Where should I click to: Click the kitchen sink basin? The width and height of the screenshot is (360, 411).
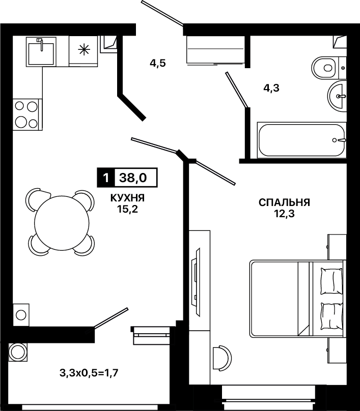(x=41, y=54)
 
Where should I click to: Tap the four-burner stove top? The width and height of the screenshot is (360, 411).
(x=26, y=114)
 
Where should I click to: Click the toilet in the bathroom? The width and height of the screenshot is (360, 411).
(x=324, y=68)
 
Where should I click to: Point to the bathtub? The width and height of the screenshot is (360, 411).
(x=302, y=140)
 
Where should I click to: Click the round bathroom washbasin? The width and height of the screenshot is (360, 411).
(x=337, y=96)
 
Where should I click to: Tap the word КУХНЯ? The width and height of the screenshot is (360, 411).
(x=127, y=198)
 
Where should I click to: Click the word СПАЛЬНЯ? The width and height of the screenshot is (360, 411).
(x=285, y=202)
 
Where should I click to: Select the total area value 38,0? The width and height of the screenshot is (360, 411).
(x=133, y=178)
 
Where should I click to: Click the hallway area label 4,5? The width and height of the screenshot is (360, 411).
(x=158, y=64)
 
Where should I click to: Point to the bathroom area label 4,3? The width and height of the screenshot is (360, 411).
(x=271, y=89)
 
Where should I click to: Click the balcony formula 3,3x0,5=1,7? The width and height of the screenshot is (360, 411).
(x=89, y=372)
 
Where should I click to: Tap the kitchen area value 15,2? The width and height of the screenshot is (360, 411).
(x=127, y=209)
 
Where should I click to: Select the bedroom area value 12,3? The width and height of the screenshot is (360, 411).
(x=285, y=214)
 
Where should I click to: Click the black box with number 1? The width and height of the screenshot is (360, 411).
(x=106, y=178)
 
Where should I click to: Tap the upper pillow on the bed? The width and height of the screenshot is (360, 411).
(x=331, y=281)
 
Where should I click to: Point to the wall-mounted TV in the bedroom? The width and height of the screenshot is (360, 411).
(x=196, y=280)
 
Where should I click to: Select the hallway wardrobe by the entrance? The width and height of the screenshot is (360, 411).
(x=215, y=49)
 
